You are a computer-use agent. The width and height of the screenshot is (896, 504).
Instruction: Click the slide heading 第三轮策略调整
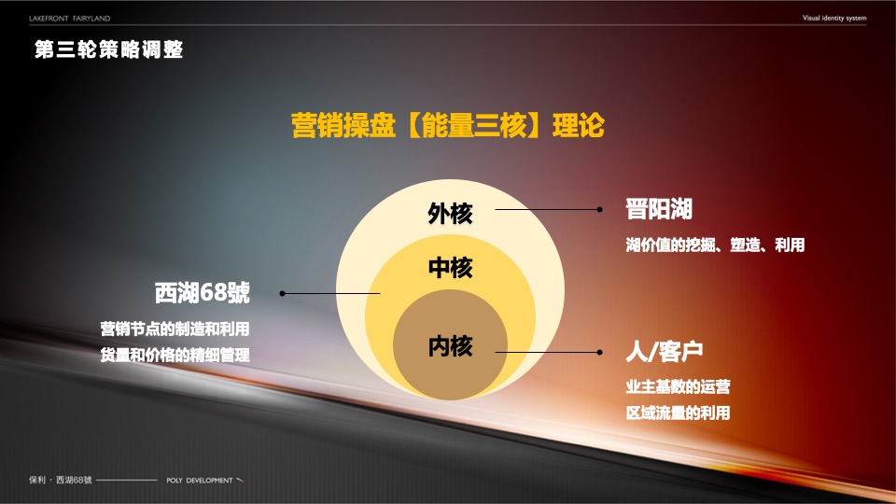click(x=108, y=49)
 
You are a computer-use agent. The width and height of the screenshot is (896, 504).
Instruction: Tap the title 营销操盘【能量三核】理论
click(x=448, y=125)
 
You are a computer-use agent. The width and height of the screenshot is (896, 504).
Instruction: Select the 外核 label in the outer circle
click(x=450, y=214)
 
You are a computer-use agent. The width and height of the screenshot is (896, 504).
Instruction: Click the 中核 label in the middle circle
click(x=450, y=269)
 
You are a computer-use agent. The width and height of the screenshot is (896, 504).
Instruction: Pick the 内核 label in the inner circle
click(x=450, y=346)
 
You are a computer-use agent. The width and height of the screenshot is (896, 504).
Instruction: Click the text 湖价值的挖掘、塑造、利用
click(x=714, y=246)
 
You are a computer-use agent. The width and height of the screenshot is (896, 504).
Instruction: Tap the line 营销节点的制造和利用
click(x=175, y=329)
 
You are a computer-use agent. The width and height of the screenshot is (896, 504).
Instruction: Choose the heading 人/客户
click(x=663, y=352)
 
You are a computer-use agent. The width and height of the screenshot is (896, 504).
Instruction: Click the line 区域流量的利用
click(x=678, y=413)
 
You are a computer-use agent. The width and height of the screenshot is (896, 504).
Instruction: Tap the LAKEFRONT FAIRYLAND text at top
click(x=70, y=18)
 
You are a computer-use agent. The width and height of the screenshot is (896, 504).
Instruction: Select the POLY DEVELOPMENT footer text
click(x=199, y=480)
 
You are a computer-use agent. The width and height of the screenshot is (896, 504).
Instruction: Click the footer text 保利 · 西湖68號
click(x=61, y=480)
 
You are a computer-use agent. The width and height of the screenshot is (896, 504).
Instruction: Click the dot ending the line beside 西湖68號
click(x=283, y=293)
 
